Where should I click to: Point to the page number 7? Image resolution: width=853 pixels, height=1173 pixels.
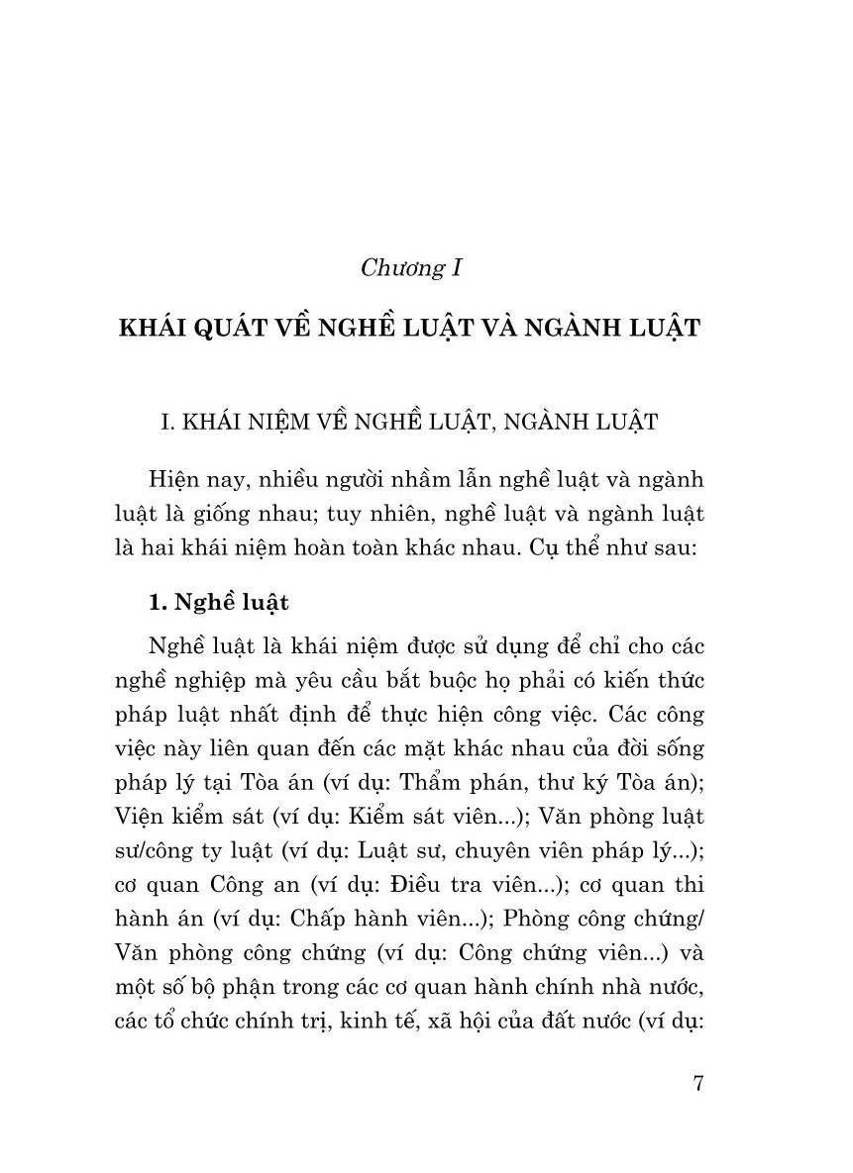(x=698, y=1083)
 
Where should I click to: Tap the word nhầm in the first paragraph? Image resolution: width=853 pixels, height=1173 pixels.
(x=417, y=480)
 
